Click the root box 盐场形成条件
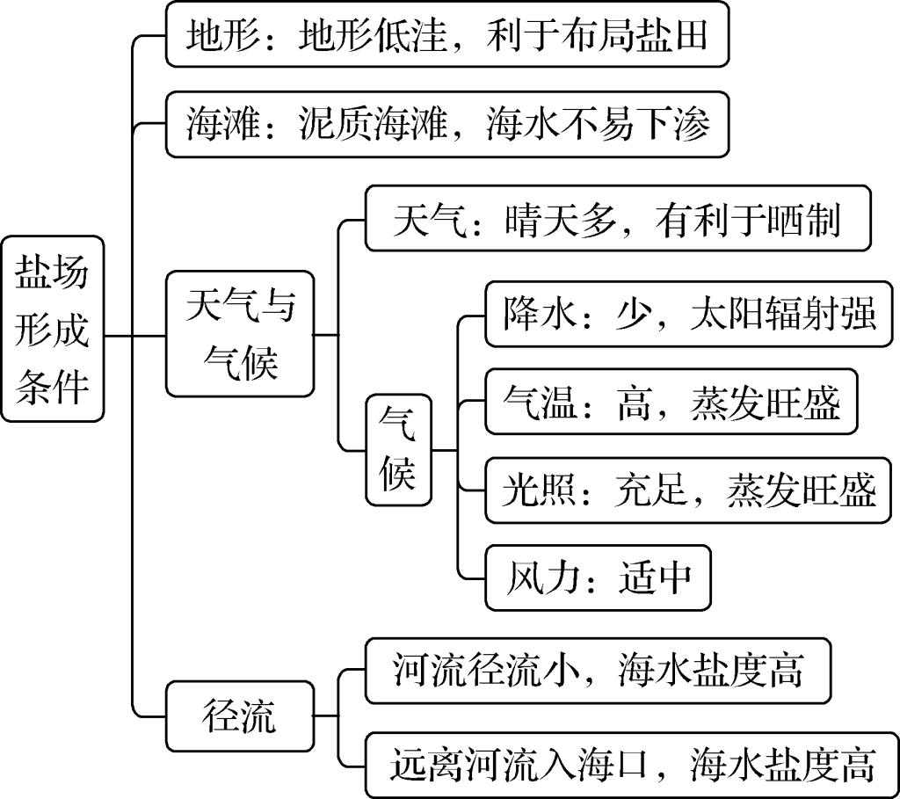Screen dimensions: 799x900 52,327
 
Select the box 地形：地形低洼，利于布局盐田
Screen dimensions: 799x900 447,35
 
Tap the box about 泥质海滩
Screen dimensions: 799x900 447,125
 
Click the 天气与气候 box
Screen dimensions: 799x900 240,334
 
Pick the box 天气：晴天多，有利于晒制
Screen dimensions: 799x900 617,219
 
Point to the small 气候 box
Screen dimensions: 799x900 399,451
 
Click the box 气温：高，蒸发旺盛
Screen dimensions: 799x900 671,402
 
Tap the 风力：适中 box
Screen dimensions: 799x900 599,578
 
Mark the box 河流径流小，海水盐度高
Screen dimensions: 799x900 598,672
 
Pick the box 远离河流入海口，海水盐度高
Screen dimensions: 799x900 633,764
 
